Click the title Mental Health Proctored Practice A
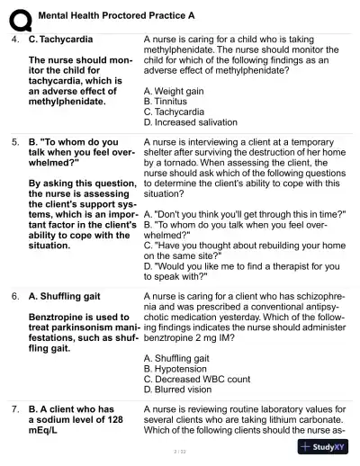pyautogui.click(x=116, y=16)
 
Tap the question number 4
pyautogui.click(x=15, y=40)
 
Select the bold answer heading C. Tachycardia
pyautogui.click(x=64, y=40)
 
